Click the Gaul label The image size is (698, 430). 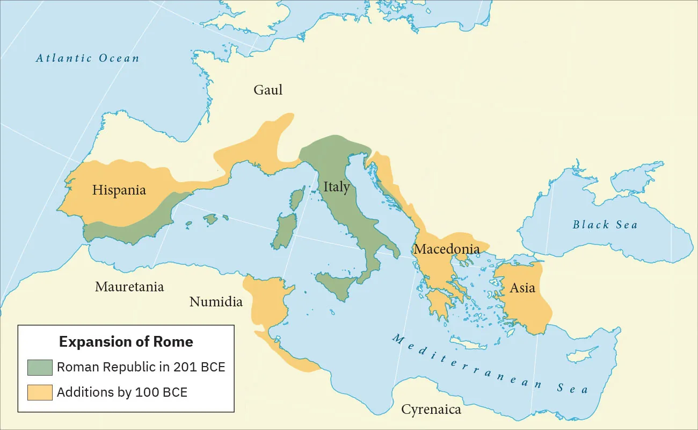coord(268,90)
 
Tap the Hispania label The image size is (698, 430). coord(119,190)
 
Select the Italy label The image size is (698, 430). coord(337,187)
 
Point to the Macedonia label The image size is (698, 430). coord(446,249)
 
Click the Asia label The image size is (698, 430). coord(522,288)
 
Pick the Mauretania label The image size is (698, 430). coord(129,286)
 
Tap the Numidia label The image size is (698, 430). coord(216,302)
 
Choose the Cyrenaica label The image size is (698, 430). coord(431,410)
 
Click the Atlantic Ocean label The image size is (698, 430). coord(88,58)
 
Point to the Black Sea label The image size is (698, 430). coord(605,225)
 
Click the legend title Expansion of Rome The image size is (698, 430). coord(126,342)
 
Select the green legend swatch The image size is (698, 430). coord(40,368)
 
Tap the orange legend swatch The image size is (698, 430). coord(40,392)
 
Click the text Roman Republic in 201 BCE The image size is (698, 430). coord(141,368)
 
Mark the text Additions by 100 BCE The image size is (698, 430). coord(122,392)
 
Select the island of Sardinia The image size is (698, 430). coord(284,232)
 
